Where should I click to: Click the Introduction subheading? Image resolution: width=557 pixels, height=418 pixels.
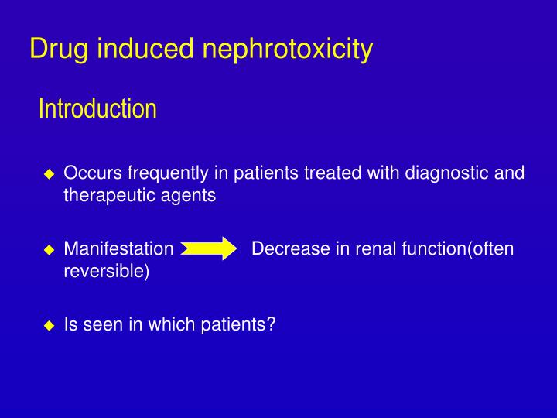(x=97, y=108)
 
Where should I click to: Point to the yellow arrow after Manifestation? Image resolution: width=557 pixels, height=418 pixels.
(x=209, y=249)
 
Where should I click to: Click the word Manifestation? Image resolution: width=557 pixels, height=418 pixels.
(x=118, y=249)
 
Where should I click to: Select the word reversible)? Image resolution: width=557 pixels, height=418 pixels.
(x=106, y=272)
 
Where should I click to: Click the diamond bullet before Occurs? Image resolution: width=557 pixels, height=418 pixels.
(x=49, y=173)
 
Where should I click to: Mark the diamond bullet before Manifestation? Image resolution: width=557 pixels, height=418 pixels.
(x=49, y=250)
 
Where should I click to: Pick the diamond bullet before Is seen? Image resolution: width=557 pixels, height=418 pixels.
(x=49, y=326)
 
